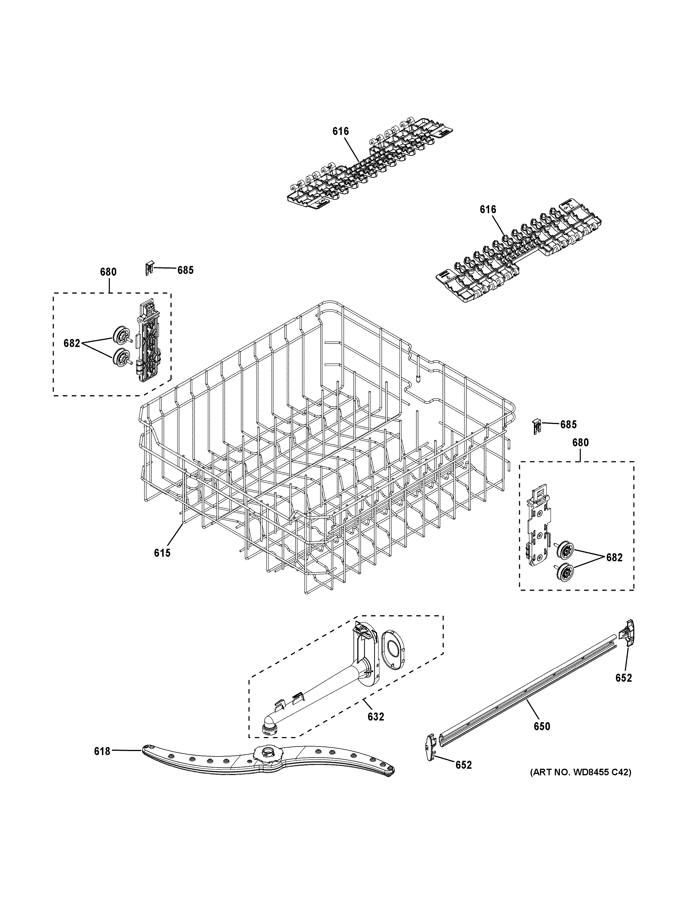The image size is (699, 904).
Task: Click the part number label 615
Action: click(162, 552)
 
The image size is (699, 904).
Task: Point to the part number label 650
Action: click(542, 726)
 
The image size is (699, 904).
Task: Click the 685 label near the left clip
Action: click(185, 270)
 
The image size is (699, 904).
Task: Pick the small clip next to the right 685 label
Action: click(536, 425)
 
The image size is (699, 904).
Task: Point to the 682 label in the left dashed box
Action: click(72, 343)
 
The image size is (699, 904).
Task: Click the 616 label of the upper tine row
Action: click(340, 131)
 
